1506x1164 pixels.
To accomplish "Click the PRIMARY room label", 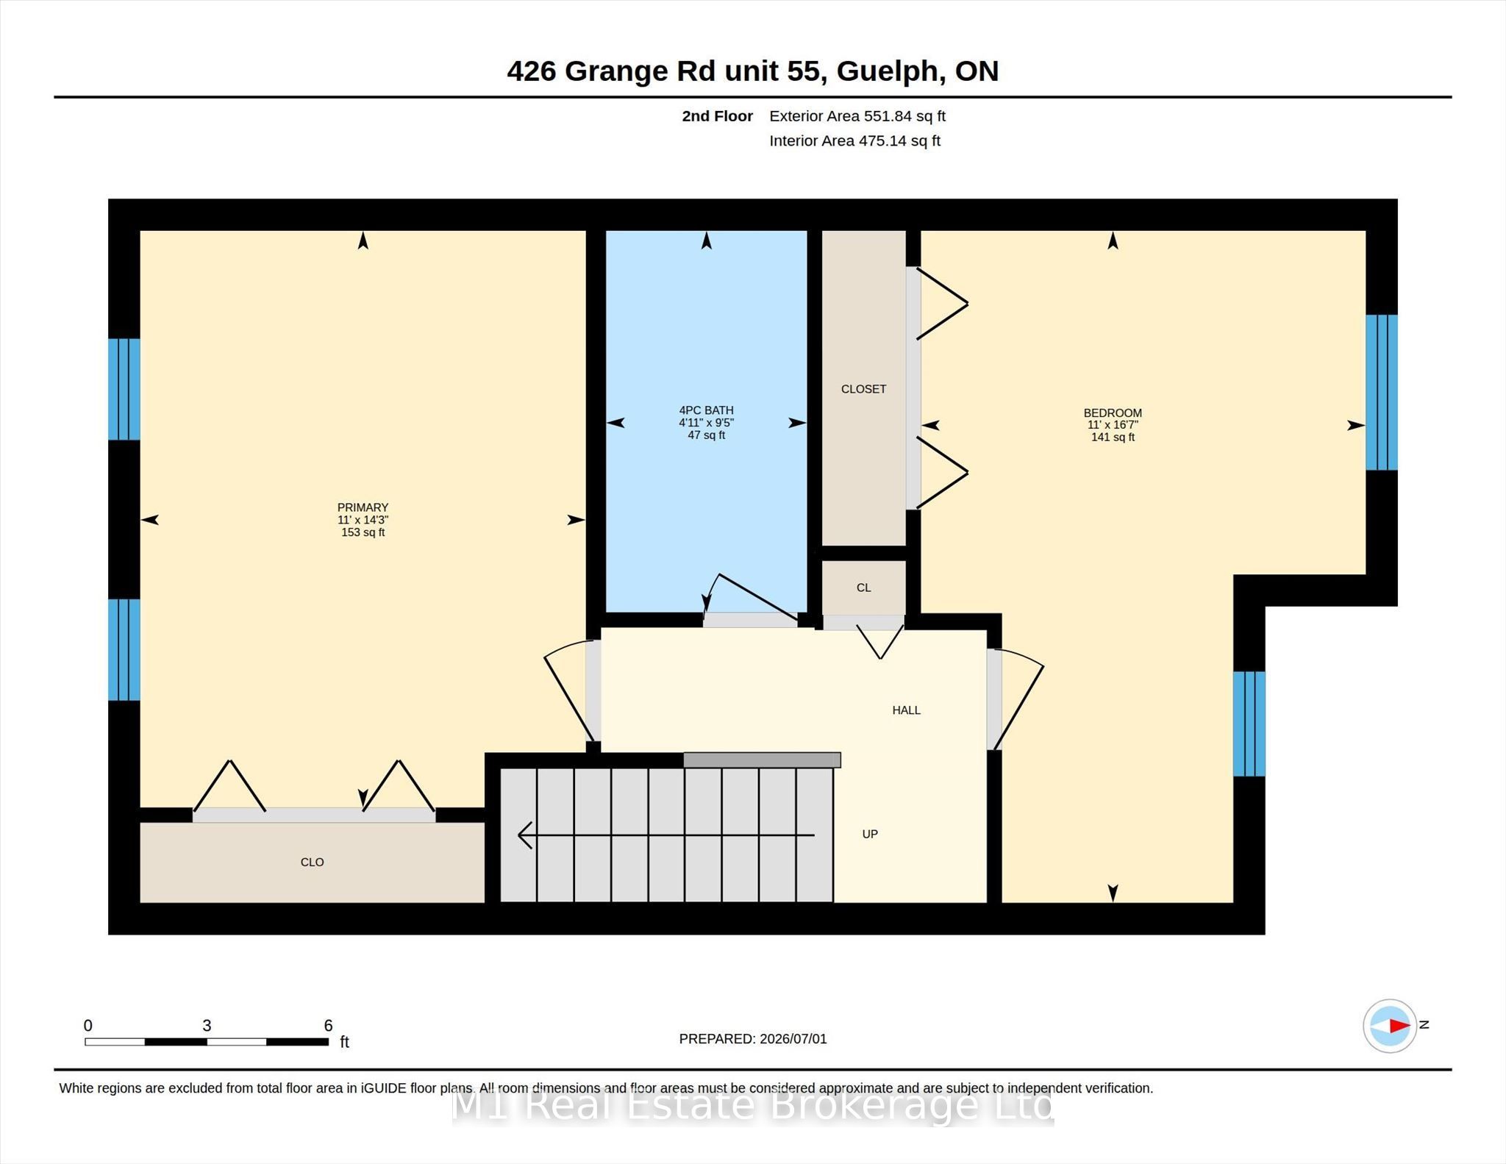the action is [363, 507].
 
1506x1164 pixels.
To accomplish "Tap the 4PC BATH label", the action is [706, 410].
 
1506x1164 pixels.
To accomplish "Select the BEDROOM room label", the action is [1113, 413].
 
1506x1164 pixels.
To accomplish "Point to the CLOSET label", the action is [863, 389].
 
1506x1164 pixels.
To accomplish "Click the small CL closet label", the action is [863, 588].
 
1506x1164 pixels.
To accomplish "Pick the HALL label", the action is [906, 710].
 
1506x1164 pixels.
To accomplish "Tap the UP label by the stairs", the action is [870, 834].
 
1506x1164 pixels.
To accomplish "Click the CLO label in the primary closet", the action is [312, 862].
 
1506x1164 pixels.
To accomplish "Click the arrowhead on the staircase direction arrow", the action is [524, 835].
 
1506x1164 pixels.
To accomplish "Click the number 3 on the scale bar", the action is [207, 1025].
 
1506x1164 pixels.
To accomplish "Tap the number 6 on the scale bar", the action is [328, 1025].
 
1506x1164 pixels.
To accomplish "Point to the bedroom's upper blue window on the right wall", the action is [1382, 392].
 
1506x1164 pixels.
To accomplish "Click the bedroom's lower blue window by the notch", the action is [1249, 724].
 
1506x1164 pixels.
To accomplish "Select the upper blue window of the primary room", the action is [124, 389].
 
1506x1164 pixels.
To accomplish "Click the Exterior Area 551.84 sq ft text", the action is [857, 116].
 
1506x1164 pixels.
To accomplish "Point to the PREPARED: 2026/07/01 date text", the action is [753, 1039].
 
